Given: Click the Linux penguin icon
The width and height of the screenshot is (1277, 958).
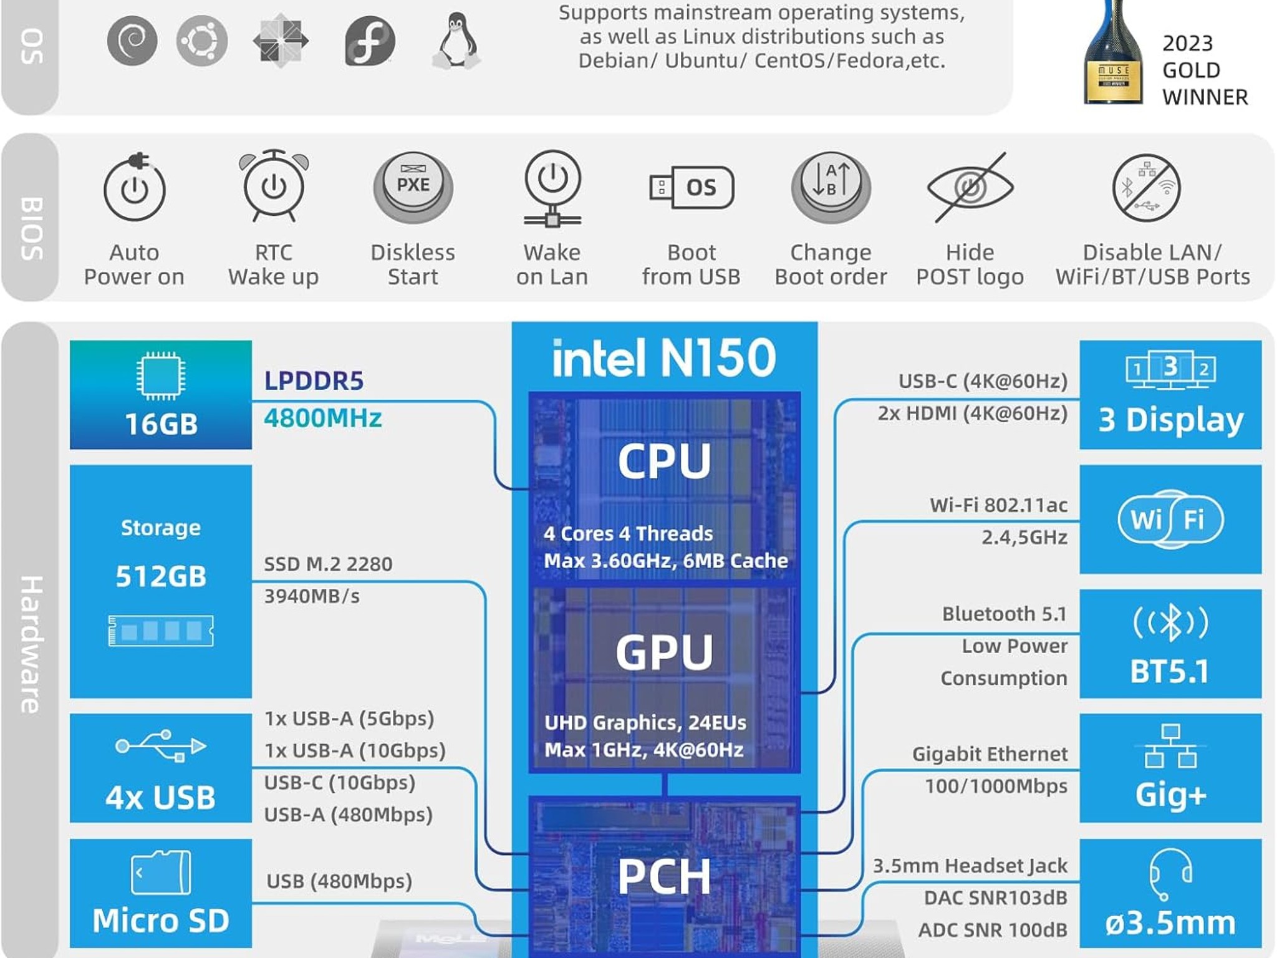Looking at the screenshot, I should click(456, 41).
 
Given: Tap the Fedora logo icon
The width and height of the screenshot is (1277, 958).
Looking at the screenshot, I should click(370, 41).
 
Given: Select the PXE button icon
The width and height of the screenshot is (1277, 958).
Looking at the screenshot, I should click(413, 186).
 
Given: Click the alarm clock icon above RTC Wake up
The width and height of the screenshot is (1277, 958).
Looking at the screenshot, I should click(274, 186).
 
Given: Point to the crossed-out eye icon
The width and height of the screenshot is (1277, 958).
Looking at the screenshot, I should click(970, 187).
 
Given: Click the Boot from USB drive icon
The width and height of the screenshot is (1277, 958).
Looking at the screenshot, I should click(692, 187).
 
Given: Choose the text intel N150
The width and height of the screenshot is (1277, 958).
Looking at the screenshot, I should click(664, 358).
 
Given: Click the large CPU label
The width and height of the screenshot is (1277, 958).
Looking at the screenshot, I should click(664, 461).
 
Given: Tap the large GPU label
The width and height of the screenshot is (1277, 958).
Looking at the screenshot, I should click(664, 652).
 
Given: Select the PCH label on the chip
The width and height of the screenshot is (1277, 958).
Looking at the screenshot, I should click(664, 876).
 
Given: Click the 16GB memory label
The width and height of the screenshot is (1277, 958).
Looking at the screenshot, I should click(161, 424).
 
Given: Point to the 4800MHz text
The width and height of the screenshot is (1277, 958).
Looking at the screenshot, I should click(322, 418).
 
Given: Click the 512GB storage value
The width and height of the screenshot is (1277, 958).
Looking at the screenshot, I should click(161, 576).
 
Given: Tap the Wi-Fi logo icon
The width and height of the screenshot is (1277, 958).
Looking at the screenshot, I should click(1170, 519).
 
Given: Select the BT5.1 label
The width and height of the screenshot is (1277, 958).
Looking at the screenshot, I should click(1170, 672).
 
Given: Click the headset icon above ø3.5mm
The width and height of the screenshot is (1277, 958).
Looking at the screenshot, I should click(1170, 873).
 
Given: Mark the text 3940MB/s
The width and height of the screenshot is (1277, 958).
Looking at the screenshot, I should click(312, 596).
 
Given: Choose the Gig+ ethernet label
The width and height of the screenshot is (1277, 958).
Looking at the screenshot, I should click(1170, 795).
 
